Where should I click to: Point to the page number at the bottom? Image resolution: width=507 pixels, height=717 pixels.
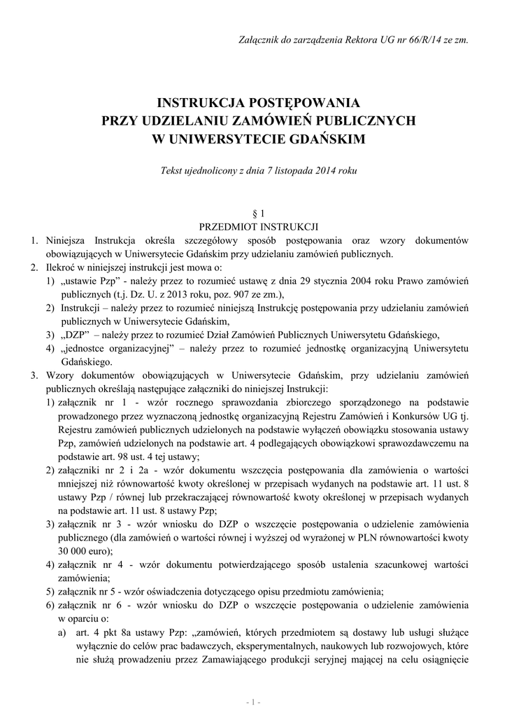point(253,701)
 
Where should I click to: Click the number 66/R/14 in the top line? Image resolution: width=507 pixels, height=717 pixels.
point(405,40)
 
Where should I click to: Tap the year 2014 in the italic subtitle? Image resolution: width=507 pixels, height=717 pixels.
point(317,172)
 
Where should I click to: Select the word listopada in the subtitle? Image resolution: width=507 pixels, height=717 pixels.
point(283,172)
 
